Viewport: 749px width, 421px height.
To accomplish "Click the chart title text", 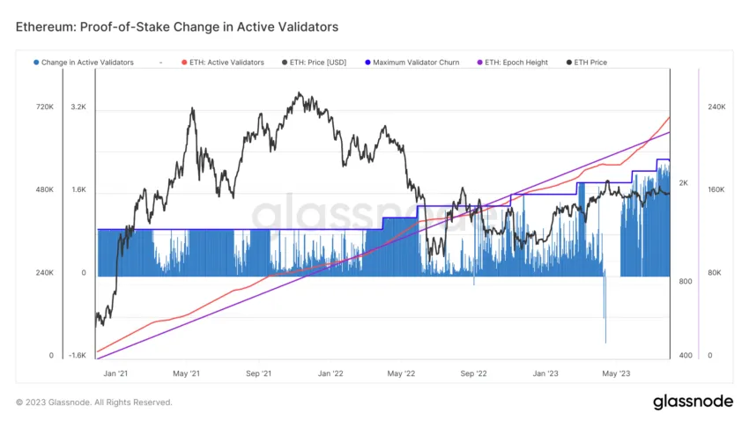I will click(x=176, y=27).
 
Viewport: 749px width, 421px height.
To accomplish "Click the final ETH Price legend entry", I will click(x=590, y=63).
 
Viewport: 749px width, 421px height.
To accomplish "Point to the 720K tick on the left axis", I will click(x=44, y=107).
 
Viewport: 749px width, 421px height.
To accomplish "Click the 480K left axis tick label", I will click(x=44, y=189).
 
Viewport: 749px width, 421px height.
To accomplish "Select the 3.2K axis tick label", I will click(x=78, y=107).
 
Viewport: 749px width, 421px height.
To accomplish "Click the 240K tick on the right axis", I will click(x=716, y=107).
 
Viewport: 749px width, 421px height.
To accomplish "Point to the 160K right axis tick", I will click(x=716, y=189).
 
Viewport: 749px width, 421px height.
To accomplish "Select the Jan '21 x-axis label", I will click(x=115, y=373).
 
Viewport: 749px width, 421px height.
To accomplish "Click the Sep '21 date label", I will click(x=257, y=373).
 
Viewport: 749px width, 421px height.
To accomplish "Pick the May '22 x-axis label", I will click(x=401, y=373).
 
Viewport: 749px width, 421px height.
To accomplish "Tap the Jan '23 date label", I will click(x=546, y=373).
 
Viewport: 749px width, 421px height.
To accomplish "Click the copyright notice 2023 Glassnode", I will click(x=94, y=403).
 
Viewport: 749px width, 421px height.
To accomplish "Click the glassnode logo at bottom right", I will click(x=693, y=402).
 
